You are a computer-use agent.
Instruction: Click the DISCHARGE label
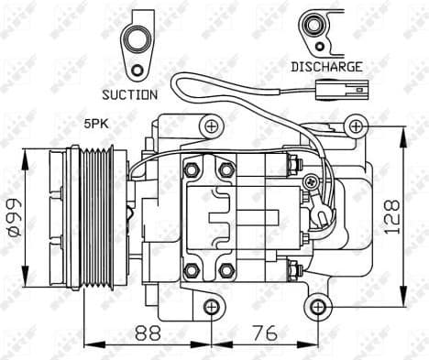[x=326, y=66]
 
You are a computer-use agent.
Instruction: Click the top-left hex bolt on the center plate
[x=191, y=170]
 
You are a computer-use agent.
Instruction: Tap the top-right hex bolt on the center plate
[x=225, y=170]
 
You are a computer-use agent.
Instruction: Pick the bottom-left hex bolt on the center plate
[x=191, y=270]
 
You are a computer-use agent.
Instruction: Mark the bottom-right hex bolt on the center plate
[x=225, y=270]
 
